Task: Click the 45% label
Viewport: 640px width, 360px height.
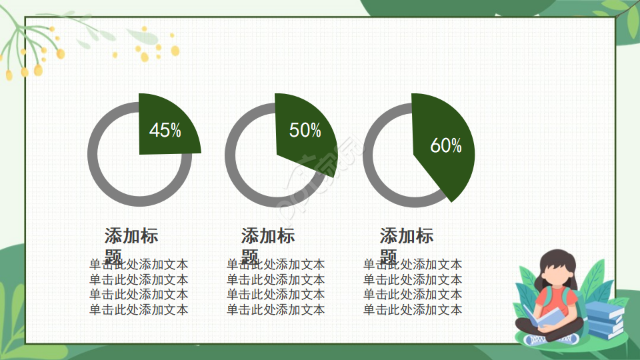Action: coord(165,130)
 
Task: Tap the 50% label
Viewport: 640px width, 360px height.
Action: coord(305,131)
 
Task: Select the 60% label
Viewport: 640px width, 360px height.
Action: coord(445,146)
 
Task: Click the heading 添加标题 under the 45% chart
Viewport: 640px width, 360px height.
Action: coord(131,236)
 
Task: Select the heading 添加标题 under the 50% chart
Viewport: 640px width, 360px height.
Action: coord(268,236)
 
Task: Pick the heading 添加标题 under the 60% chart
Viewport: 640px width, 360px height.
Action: coord(407,236)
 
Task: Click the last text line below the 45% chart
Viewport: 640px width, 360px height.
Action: coord(139,309)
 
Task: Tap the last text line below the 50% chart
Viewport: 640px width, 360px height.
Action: coord(276,309)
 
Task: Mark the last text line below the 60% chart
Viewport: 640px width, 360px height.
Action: coord(413,309)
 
